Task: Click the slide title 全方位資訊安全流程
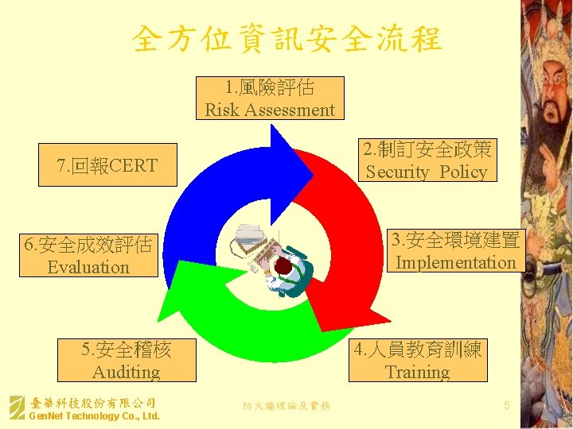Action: tap(286, 38)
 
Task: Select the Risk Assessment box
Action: tap(270, 98)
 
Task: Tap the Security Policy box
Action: tap(427, 160)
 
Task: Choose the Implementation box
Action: tap(455, 251)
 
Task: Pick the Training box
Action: tap(417, 361)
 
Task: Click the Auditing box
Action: tap(126, 361)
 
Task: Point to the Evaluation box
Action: tap(88, 256)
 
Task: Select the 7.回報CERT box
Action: tap(107, 165)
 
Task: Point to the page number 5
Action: tap(507, 406)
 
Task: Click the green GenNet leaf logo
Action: tap(16, 408)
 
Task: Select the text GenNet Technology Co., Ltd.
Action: tap(94, 416)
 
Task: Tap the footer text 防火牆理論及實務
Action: tap(286, 406)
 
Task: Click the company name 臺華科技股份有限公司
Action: tap(92, 403)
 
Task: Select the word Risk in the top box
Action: tap(222, 110)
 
